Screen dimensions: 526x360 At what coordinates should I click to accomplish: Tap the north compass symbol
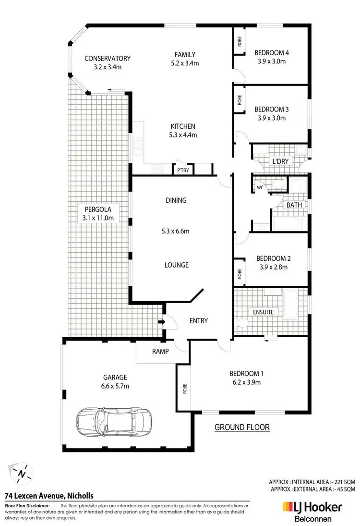click(x=22, y=474)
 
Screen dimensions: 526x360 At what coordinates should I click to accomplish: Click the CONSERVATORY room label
click(x=108, y=59)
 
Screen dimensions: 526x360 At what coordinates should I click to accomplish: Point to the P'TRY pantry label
click(x=182, y=170)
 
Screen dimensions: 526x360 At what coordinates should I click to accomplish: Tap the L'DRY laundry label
click(x=280, y=161)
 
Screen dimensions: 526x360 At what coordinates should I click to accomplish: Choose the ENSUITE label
click(x=264, y=312)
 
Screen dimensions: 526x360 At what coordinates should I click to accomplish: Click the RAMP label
click(x=161, y=351)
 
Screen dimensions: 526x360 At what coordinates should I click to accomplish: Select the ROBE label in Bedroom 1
click(x=184, y=388)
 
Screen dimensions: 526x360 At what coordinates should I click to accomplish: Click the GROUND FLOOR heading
click(x=242, y=427)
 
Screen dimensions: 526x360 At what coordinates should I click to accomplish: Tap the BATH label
click(x=294, y=205)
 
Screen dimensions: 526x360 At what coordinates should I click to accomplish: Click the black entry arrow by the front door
click(x=162, y=322)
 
